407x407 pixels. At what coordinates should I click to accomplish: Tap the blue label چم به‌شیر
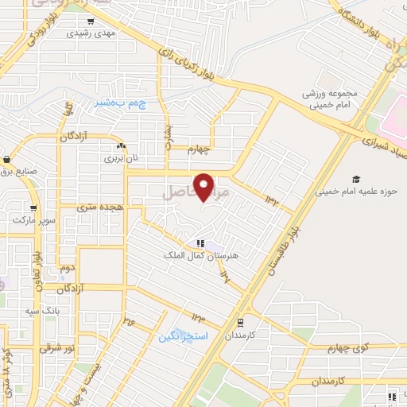[118, 103]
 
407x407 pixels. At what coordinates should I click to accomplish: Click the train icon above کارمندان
[239, 322]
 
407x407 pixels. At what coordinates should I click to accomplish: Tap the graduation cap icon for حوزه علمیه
[355, 179]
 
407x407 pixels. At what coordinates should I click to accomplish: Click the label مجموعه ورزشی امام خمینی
[329, 99]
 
